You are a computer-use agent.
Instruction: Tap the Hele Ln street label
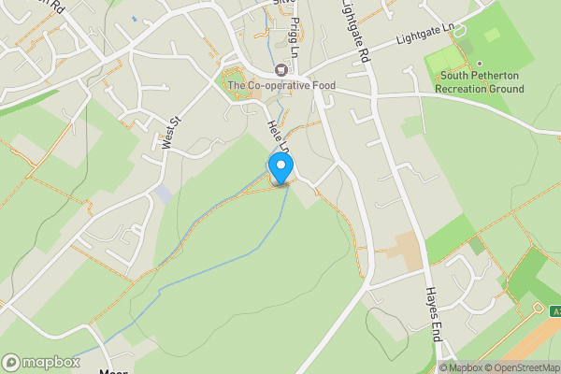(x=278, y=136)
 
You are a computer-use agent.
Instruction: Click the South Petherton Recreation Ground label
(x=480, y=82)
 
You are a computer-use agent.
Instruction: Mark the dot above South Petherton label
(x=480, y=65)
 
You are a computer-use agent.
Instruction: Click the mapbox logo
(x=40, y=362)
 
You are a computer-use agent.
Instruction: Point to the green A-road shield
(x=554, y=309)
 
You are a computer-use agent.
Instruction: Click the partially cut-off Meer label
(x=112, y=370)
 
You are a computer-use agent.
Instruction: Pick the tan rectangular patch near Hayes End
(x=406, y=252)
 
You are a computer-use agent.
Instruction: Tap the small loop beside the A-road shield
(x=538, y=307)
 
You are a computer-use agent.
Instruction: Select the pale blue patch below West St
(x=163, y=194)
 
